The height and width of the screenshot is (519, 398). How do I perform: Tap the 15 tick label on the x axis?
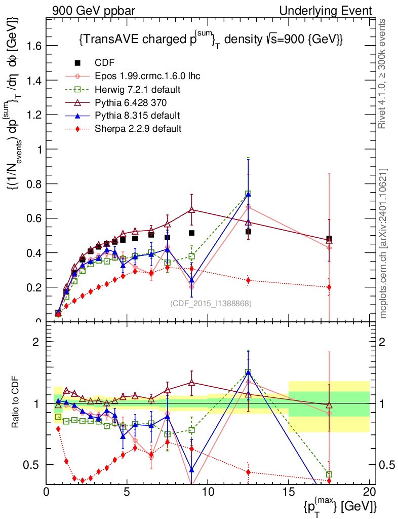(x=288, y=492)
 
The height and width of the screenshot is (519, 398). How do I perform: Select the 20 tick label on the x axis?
(x=369, y=492)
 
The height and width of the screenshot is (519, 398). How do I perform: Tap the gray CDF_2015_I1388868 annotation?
(x=211, y=304)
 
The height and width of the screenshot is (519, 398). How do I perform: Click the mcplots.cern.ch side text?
(x=384, y=243)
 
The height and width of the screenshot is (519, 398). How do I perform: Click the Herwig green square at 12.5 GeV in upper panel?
(x=248, y=194)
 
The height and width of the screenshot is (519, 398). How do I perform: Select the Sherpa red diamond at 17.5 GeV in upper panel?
(x=329, y=287)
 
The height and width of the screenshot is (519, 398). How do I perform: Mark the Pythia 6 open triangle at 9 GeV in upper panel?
(x=191, y=209)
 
